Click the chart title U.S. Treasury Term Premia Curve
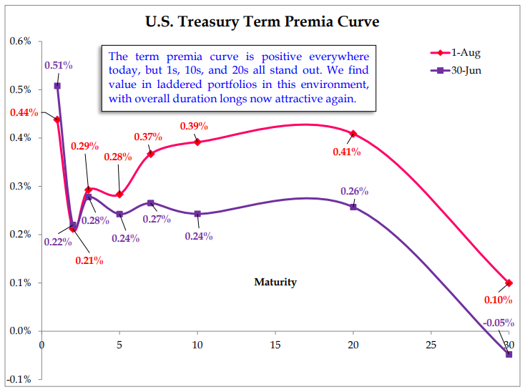[262, 22]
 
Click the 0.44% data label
[24, 112]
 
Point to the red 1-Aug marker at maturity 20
[353, 134]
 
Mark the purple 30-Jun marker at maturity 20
[353, 206]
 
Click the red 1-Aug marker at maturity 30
[509, 283]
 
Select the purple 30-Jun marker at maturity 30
[509, 354]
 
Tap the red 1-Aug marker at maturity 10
[197, 142]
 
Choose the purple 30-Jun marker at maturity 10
[197, 214]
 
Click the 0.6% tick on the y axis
[21, 41]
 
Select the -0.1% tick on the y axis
[19, 379]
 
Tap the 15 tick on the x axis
[275, 345]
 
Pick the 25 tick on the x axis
[431, 345]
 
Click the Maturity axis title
[275, 282]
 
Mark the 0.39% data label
[194, 126]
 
